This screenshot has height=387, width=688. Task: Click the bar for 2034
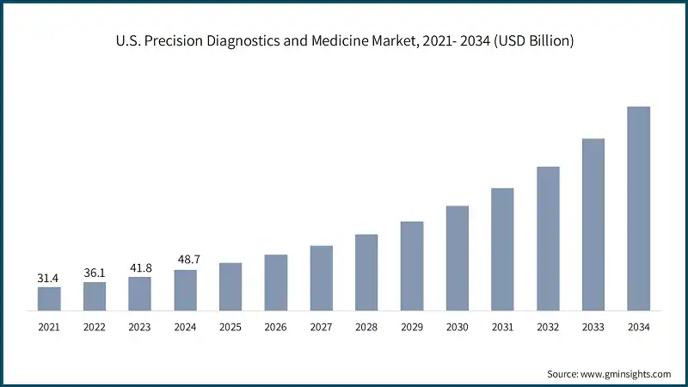click(x=638, y=208)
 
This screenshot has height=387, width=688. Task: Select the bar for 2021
click(x=49, y=298)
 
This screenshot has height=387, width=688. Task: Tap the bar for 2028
click(x=366, y=272)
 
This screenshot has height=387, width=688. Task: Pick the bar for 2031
click(x=502, y=249)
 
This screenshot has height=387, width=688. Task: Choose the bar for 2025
click(x=230, y=286)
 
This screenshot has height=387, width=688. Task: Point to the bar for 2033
click(x=593, y=224)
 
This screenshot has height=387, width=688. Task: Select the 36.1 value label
click(x=95, y=273)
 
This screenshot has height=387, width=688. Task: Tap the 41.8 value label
click(x=140, y=267)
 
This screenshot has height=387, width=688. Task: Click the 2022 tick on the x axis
click(x=95, y=327)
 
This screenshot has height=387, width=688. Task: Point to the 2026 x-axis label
click(x=276, y=327)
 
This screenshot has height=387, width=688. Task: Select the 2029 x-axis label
click(x=412, y=327)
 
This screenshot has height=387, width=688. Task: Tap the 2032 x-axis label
click(x=548, y=327)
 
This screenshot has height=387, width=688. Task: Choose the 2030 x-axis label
click(x=458, y=327)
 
